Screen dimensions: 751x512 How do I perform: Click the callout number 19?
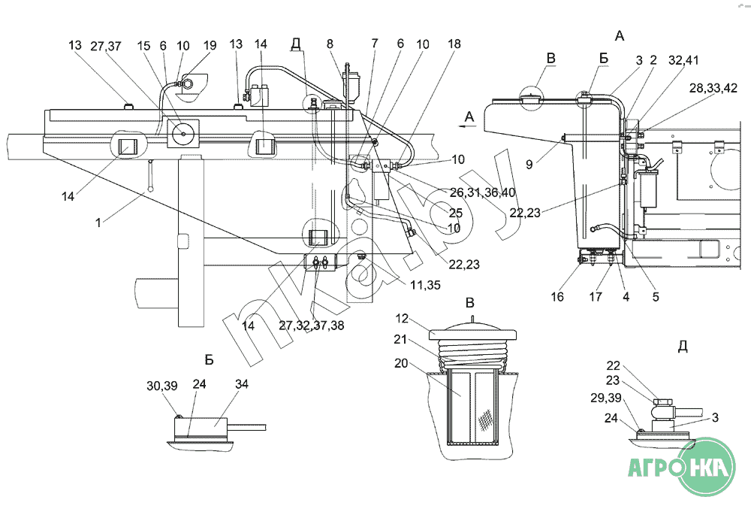pyautogui.click(x=210, y=46)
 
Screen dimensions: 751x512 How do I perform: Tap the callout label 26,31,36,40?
pyautogui.click(x=482, y=192)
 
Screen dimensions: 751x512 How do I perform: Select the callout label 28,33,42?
pyautogui.click(x=713, y=88)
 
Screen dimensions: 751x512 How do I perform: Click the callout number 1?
pyautogui.click(x=98, y=223)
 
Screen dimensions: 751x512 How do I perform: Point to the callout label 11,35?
pyautogui.click(x=425, y=285)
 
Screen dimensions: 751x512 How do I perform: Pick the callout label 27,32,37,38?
pyautogui.click(x=312, y=326)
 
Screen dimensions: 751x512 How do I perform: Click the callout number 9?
pyautogui.click(x=529, y=165)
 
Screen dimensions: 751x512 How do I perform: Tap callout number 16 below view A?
pyautogui.click(x=557, y=297)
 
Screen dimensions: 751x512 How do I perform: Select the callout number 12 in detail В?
pyautogui.click(x=403, y=318)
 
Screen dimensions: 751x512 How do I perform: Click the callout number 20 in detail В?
pyautogui.click(x=401, y=363)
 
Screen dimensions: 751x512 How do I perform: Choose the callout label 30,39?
pyautogui.click(x=162, y=386)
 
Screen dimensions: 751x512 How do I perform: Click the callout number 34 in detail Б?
pyautogui.click(x=242, y=384)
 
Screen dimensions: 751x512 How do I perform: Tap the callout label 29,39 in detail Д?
pyautogui.click(x=606, y=398)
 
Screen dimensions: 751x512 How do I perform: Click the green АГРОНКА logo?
pyautogui.click(x=682, y=466)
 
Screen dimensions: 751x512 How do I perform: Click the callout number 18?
pyautogui.click(x=454, y=44)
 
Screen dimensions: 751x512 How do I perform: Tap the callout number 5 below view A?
pyautogui.click(x=656, y=297)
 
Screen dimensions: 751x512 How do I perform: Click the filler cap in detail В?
pyautogui.click(x=472, y=332)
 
